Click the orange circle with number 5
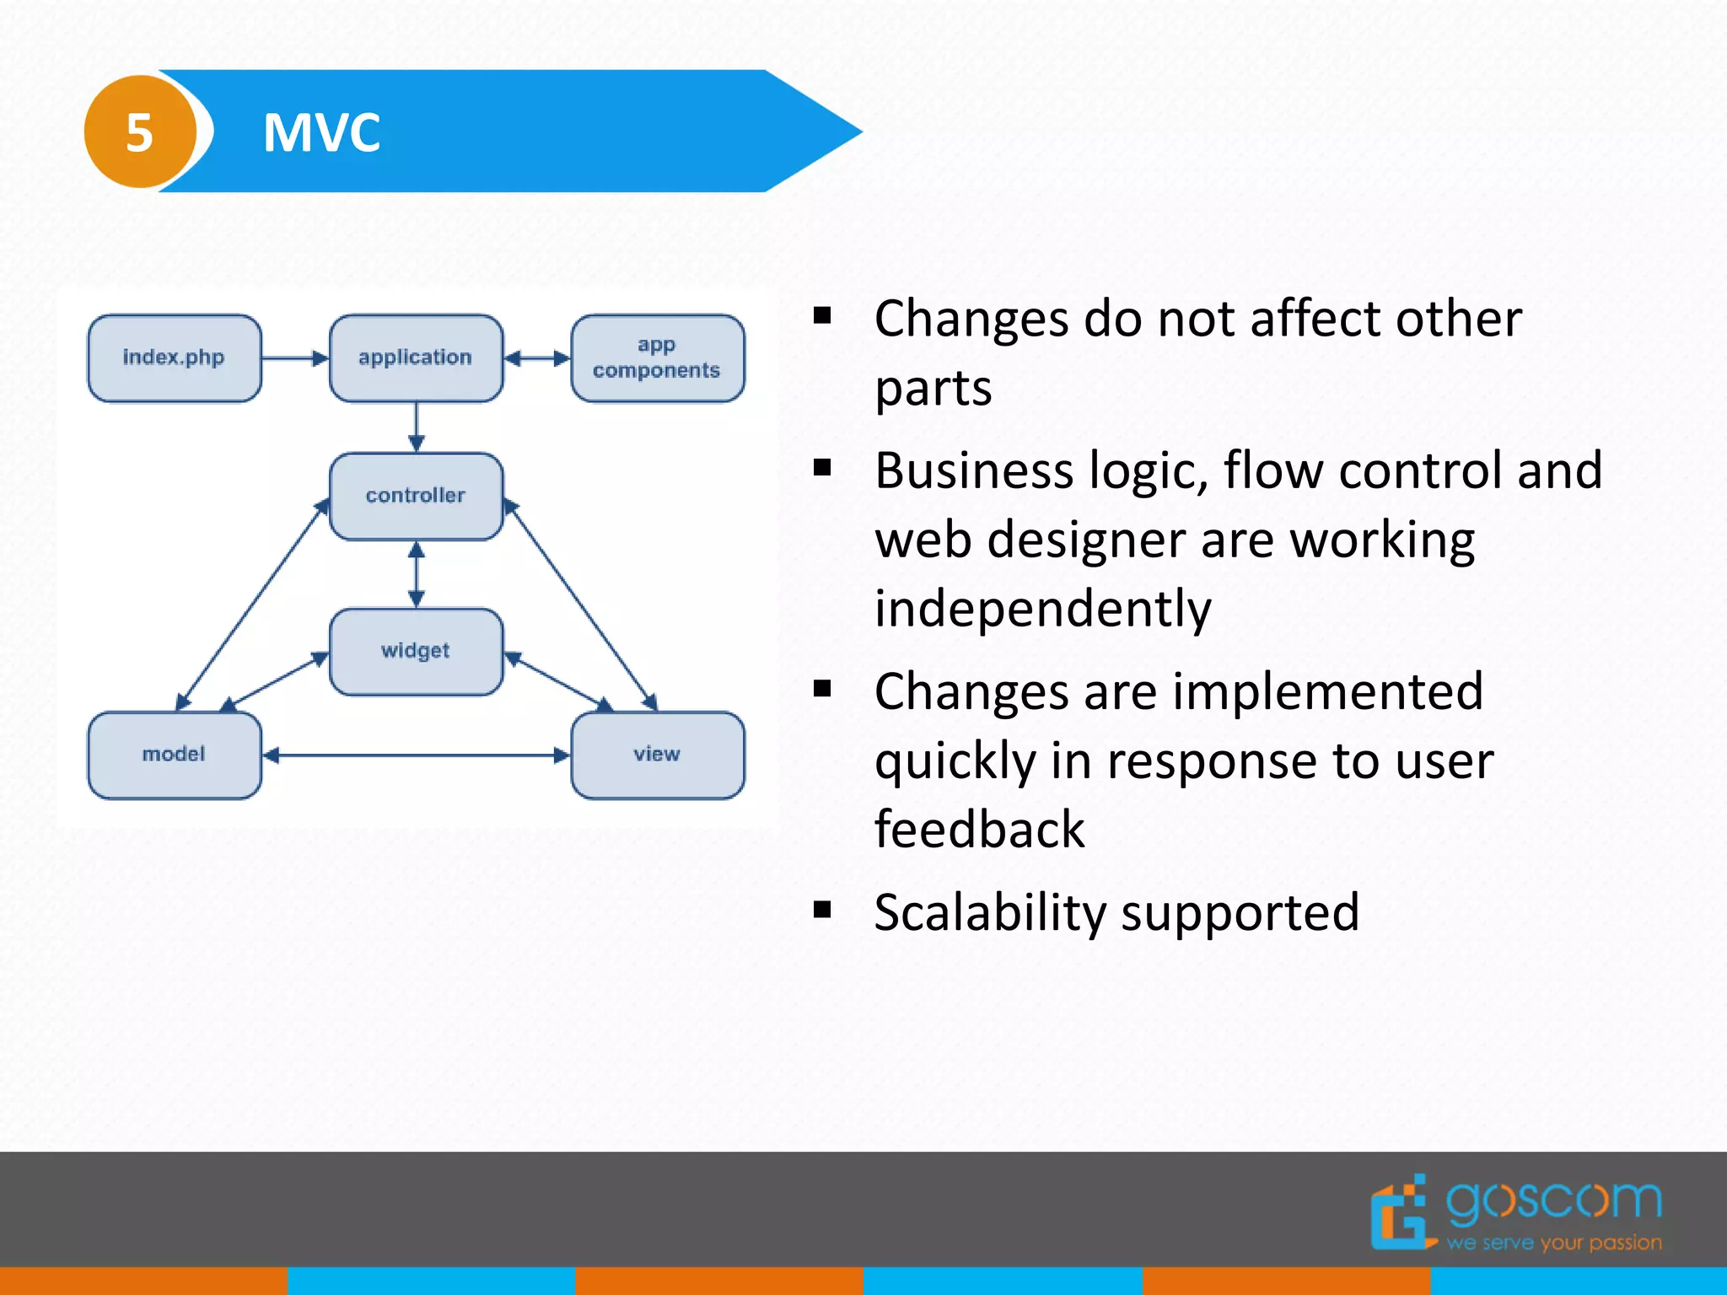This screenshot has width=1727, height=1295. point(140,132)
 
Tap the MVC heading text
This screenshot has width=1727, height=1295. point(321,132)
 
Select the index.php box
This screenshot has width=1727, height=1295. point(175,358)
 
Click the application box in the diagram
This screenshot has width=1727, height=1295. point(416,358)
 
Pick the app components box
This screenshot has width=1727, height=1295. point(657,358)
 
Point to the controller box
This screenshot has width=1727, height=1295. point(416,496)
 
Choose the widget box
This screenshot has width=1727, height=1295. point(416,651)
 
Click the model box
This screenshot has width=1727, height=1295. point(175,755)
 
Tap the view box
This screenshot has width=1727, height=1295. point(657,755)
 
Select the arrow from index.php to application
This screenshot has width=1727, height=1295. point(294,358)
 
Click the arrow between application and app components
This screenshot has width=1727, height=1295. point(537,358)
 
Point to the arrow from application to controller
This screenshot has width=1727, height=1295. point(416,427)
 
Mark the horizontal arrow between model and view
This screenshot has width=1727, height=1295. point(416,755)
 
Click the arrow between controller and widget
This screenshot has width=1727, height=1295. point(416,574)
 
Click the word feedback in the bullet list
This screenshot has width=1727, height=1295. point(979,830)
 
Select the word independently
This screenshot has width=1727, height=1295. point(1042,609)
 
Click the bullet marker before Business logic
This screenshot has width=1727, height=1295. point(822,468)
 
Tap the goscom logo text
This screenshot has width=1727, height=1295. point(1553,1201)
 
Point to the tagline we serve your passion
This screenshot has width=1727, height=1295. point(1553,1243)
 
